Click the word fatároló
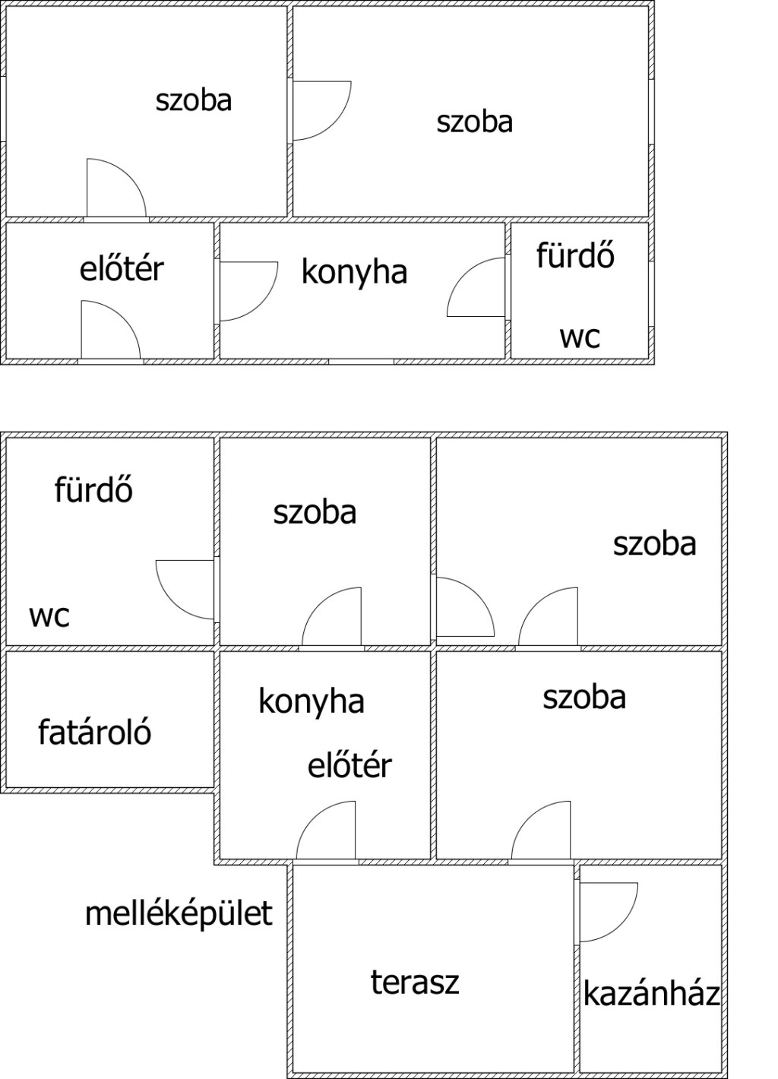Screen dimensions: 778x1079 click(94, 732)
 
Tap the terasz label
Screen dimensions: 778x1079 click(415, 982)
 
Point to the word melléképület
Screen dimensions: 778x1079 click(179, 913)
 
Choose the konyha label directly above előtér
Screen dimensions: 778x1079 click(312, 701)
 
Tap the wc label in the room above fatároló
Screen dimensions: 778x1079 click(49, 615)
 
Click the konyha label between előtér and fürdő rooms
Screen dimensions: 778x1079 click(354, 272)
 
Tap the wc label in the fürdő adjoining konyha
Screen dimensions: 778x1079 click(580, 337)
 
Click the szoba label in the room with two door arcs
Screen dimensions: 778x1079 click(655, 544)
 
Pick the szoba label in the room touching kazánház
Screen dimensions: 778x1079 click(584, 698)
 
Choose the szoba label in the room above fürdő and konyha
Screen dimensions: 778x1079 click(475, 122)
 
